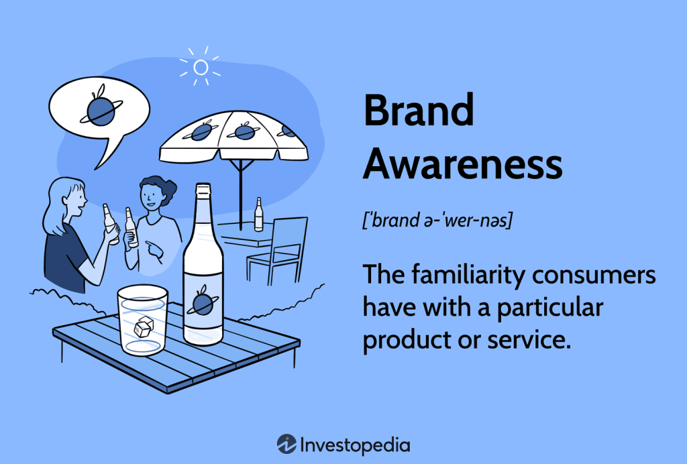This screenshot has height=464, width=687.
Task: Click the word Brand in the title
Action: pos(419,111)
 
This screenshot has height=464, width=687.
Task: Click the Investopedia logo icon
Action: pos(287,444)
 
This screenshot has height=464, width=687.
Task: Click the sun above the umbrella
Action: pos(199,67)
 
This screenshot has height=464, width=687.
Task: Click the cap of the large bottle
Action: pos(203,190)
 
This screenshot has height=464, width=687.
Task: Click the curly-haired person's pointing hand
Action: pos(154,252)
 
